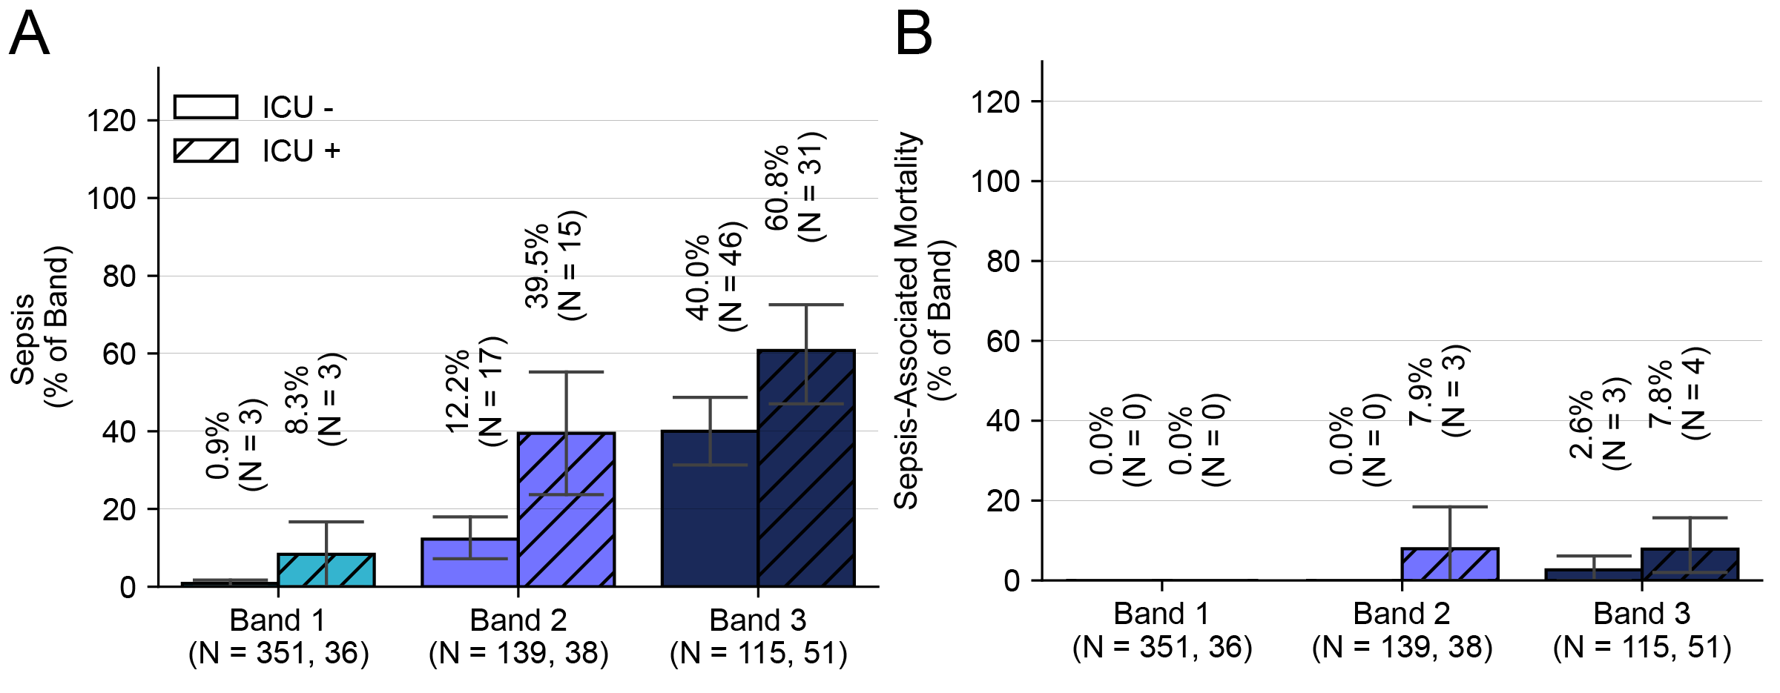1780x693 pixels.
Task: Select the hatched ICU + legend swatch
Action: pos(205,150)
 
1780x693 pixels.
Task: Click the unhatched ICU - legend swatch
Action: pos(205,107)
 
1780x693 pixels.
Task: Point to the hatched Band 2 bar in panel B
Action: pos(1450,564)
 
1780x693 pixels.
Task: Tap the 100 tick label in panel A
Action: pos(111,199)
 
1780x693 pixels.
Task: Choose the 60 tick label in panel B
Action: pos(1003,341)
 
